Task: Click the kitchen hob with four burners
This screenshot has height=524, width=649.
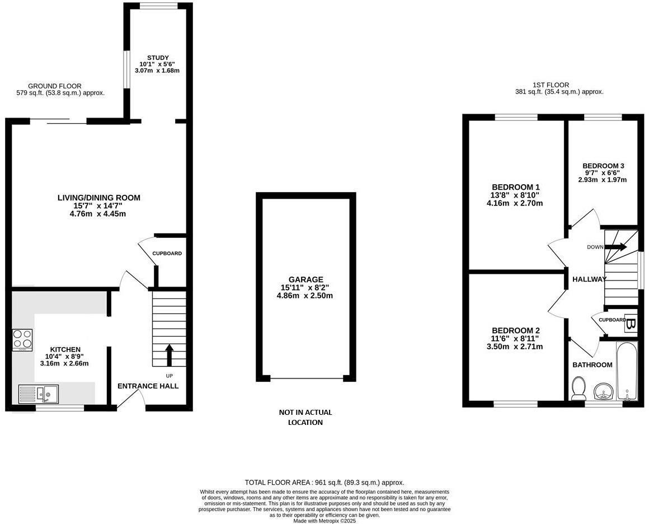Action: (x=22, y=339)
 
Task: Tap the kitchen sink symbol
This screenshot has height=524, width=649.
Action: (x=38, y=394)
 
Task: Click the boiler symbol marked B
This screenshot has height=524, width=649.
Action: (x=630, y=324)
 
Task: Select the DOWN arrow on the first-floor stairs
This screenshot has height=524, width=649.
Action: (x=615, y=247)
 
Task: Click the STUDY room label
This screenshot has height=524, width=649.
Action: (x=158, y=58)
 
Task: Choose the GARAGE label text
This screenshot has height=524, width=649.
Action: (x=305, y=279)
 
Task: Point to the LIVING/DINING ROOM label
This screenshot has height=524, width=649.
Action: (x=99, y=198)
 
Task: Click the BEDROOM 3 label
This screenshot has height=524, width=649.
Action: (x=603, y=166)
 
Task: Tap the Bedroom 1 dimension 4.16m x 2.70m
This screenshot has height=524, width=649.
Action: (x=515, y=203)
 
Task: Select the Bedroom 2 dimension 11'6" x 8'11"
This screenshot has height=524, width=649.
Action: (x=515, y=338)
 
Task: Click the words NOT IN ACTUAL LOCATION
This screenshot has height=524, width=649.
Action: (x=305, y=417)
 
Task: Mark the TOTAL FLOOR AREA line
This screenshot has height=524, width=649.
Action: (x=324, y=482)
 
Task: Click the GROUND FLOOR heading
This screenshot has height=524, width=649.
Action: (x=55, y=86)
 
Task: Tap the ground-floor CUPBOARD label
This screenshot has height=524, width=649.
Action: (x=167, y=254)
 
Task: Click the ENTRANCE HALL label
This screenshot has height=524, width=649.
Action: (x=148, y=386)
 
